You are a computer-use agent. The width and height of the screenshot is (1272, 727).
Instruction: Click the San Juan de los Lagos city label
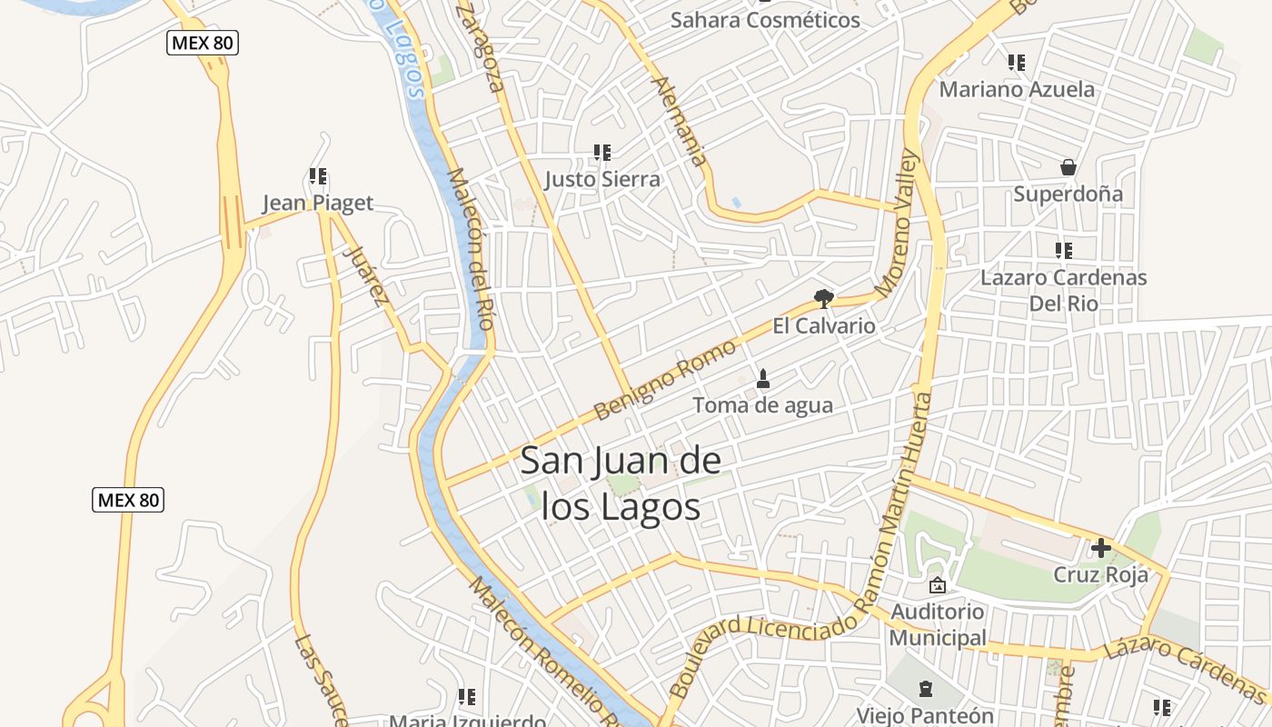coord(621,483)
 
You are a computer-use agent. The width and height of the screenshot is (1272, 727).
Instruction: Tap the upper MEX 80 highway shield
coord(203,42)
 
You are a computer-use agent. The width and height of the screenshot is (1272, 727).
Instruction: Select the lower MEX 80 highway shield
coord(128,499)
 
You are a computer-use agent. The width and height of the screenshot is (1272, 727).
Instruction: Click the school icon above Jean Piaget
coord(318,176)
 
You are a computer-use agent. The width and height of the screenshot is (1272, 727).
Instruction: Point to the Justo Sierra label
coord(602,179)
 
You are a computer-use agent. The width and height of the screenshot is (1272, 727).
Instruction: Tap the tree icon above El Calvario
coord(823,299)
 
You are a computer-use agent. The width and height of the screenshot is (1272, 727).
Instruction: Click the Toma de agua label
coord(762,405)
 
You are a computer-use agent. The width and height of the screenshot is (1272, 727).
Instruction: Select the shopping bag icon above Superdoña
coord(1068,167)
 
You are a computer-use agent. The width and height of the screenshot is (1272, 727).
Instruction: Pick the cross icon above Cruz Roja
coord(1101,548)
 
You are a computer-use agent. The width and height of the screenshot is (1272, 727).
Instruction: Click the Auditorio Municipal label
coord(937,624)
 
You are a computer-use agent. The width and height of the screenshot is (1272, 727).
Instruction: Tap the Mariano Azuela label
coord(1017,89)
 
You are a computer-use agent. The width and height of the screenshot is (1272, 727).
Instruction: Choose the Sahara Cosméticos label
coord(765,20)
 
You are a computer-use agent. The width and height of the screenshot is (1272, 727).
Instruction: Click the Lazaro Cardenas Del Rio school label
coord(1064,290)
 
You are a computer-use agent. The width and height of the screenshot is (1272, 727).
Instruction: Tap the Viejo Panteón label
coord(925,715)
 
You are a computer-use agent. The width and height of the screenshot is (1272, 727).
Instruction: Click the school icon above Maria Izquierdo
coord(467,697)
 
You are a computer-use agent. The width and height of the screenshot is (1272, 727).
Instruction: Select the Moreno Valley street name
coord(899,224)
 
